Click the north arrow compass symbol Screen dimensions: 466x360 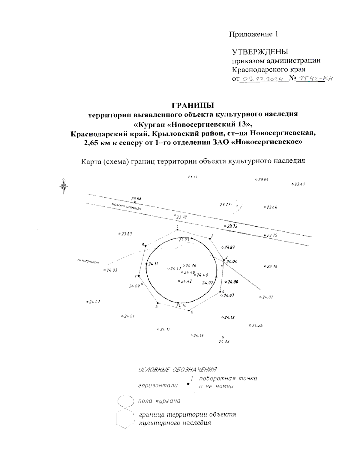click(x=64, y=186)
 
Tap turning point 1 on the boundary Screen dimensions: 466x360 click(x=178, y=230)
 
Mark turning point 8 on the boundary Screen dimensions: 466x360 click(x=145, y=246)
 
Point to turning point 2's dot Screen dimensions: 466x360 click(x=209, y=238)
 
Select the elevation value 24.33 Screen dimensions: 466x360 click(x=224, y=341)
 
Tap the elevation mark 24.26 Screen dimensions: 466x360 click(x=257, y=326)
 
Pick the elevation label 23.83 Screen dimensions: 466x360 click(x=126, y=234)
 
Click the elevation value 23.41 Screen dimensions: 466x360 click(x=299, y=184)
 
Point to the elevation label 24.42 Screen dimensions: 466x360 click(x=186, y=281)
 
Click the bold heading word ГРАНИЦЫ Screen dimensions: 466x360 click(x=193, y=106)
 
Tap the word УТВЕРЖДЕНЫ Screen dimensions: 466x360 click(x=260, y=52)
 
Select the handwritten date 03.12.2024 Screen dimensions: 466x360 click(x=262, y=79)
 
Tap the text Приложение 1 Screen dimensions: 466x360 click(x=253, y=34)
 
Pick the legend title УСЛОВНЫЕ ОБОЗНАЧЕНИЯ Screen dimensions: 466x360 click(x=177, y=369)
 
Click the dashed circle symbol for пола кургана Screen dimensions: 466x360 click(x=125, y=401)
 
